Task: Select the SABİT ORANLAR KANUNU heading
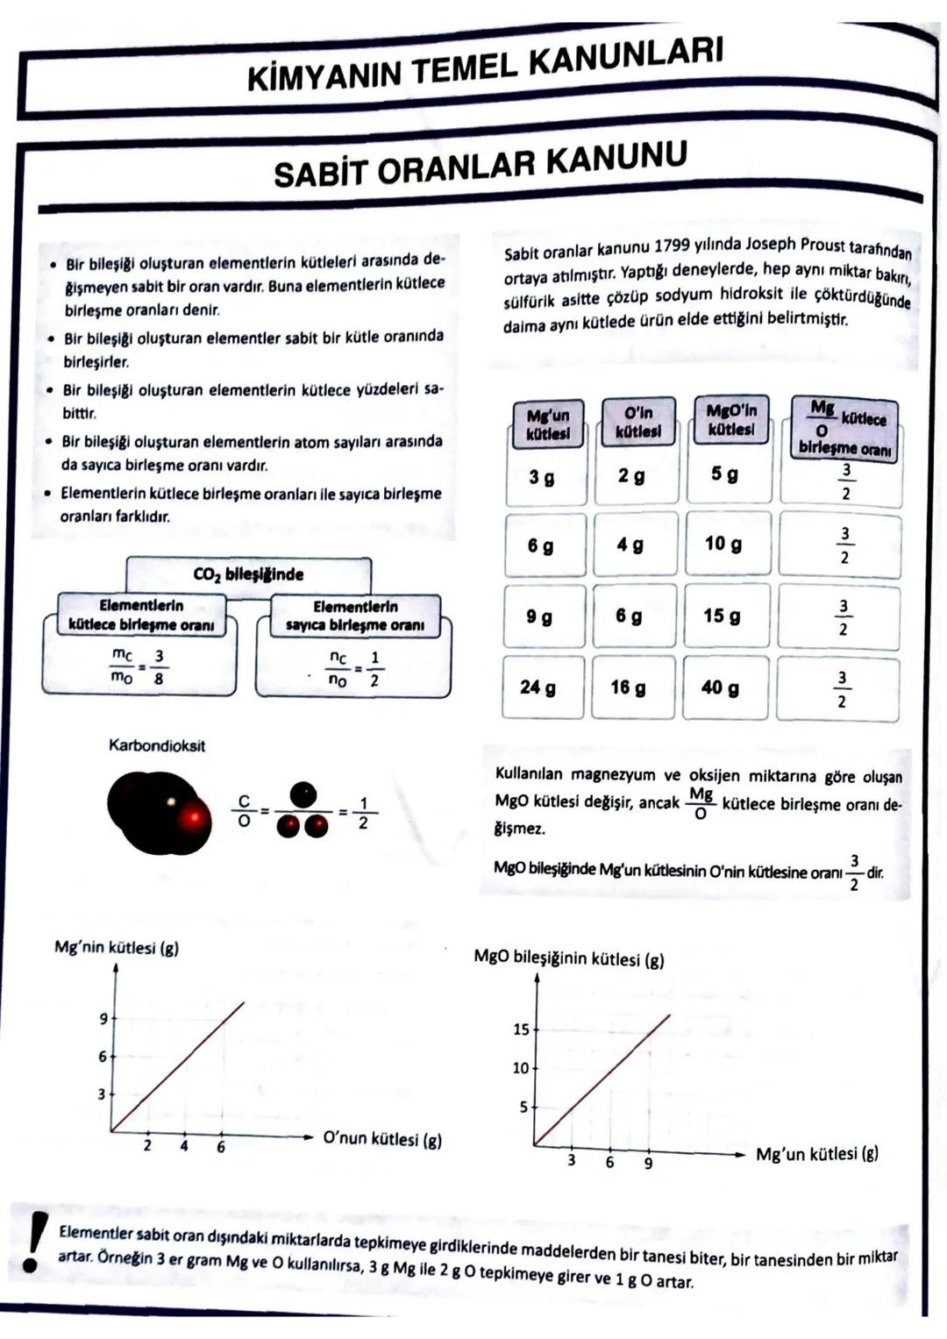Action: point(480,163)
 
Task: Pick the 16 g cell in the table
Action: point(628,687)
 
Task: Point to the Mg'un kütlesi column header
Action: point(547,424)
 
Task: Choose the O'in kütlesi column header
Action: point(637,422)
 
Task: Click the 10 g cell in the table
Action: point(723,544)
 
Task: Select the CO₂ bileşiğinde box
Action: point(248,574)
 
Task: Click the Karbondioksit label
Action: point(157,745)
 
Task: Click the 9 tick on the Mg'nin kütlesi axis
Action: point(103,1019)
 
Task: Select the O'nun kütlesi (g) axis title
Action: point(382,1139)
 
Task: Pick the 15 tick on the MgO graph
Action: point(521,1029)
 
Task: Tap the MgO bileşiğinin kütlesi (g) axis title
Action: point(568,958)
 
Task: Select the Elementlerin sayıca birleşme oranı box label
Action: point(355,616)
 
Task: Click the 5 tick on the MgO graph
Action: point(523,1108)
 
